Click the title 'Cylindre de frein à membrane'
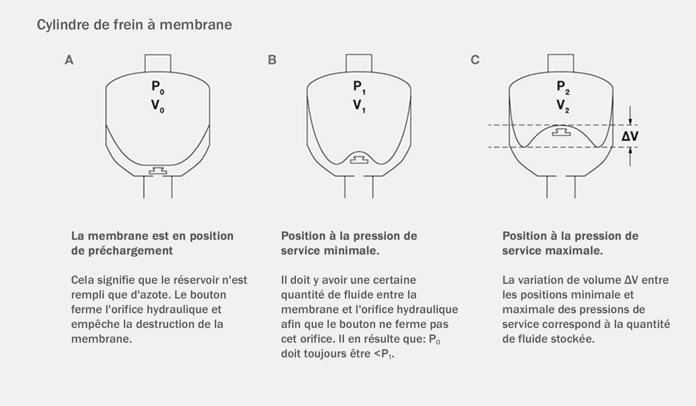coord(134,25)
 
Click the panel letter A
coord(69,60)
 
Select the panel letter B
coord(272,60)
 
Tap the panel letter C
coord(475,60)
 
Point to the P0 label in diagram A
coord(158,88)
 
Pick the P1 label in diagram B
coord(359,88)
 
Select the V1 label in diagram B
coord(359,106)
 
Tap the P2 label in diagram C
coord(563,88)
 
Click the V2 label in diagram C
coord(563,106)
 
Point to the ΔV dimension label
coord(630,136)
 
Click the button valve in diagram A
coord(158,171)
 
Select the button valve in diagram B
coord(359,159)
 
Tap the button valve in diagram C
coord(561,132)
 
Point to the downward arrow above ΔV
coord(630,116)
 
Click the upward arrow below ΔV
coord(630,156)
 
